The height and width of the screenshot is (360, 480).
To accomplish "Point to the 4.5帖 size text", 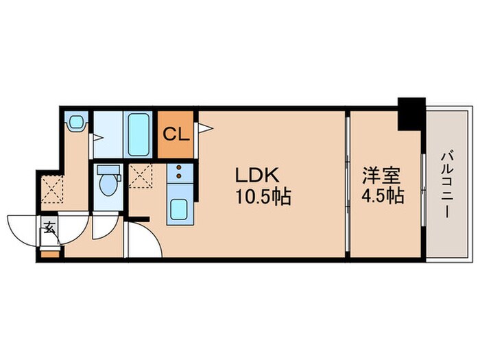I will (x=382, y=197).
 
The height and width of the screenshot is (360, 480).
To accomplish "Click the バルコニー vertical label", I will (x=446, y=184).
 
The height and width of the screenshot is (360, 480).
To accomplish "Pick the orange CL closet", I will (x=176, y=132).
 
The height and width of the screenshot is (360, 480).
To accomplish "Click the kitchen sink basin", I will (x=179, y=209).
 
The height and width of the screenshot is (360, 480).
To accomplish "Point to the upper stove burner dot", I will (x=179, y=168).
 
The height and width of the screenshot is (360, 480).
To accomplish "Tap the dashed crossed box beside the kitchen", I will (x=141, y=176).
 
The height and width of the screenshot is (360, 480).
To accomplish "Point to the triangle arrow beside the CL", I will (x=203, y=128).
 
